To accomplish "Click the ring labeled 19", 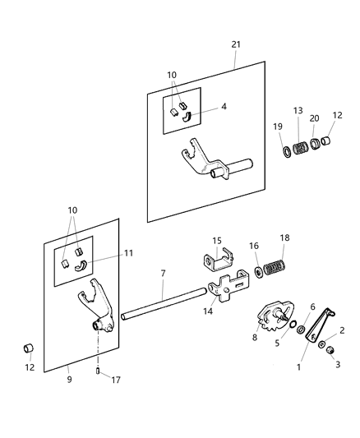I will click(x=286, y=153).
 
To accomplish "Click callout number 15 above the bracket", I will click(x=217, y=240).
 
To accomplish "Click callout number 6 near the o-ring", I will click(x=312, y=307).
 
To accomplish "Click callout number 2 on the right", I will click(x=342, y=330).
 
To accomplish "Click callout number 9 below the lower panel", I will click(x=68, y=380).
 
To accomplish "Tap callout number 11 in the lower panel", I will click(x=128, y=255).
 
